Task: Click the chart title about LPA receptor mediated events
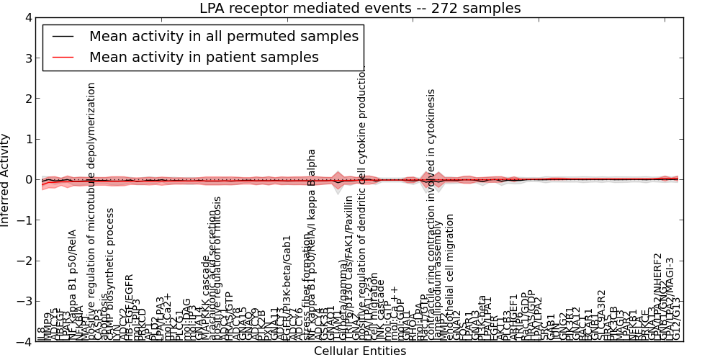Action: click(x=360, y=9)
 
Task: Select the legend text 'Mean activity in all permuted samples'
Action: click(x=224, y=35)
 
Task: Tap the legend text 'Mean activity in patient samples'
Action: click(x=204, y=57)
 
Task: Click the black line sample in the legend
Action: click(x=63, y=35)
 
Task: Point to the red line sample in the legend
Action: click(x=63, y=57)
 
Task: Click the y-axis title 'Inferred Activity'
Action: click(x=6, y=180)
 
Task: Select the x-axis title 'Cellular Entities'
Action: click(x=360, y=351)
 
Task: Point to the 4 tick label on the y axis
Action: click(x=28, y=17)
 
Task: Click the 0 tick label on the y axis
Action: click(x=28, y=180)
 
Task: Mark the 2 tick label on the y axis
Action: click(x=28, y=99)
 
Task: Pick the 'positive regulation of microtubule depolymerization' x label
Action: click(x=91, y=209)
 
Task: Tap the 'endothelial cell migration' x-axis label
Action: click(x=450, y=277)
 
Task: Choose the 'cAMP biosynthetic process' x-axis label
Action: click(x=110, y=274)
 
